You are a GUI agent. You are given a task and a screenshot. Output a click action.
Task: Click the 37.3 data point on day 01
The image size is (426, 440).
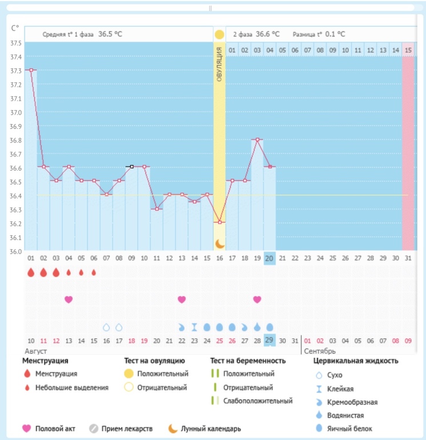point(31,70)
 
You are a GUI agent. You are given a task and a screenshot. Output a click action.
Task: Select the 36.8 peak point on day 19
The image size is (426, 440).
point(258,139)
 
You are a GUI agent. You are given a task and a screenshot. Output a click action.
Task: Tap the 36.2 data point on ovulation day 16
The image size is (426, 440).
point(220,222)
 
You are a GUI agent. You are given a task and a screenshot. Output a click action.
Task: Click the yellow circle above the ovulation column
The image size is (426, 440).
point(219,35)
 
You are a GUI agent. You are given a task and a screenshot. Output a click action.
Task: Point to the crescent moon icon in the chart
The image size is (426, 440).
point(220,244)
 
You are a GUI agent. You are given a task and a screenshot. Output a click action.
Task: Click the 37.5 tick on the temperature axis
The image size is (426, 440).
point(16,43)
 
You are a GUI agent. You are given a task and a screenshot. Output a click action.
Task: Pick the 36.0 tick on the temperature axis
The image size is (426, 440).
point(16,251)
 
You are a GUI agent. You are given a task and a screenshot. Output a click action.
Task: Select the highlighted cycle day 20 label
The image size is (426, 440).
point(270,258)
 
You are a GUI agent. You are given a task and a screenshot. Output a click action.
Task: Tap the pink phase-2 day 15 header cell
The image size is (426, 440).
point(408,50)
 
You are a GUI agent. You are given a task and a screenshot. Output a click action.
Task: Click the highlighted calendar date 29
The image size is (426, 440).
point(270,341)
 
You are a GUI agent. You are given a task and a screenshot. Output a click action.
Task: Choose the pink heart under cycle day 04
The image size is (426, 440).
point(69,299)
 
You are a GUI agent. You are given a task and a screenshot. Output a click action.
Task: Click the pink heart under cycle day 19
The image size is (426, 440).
point(258,299)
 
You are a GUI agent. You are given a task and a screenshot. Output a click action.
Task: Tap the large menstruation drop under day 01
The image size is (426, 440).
point(31,273)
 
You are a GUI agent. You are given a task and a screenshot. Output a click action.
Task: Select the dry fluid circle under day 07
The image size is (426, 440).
point(106,327)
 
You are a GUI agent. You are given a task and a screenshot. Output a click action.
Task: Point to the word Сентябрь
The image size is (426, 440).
point(320,351)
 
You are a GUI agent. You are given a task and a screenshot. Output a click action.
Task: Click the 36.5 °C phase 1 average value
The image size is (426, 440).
point(110,34)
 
